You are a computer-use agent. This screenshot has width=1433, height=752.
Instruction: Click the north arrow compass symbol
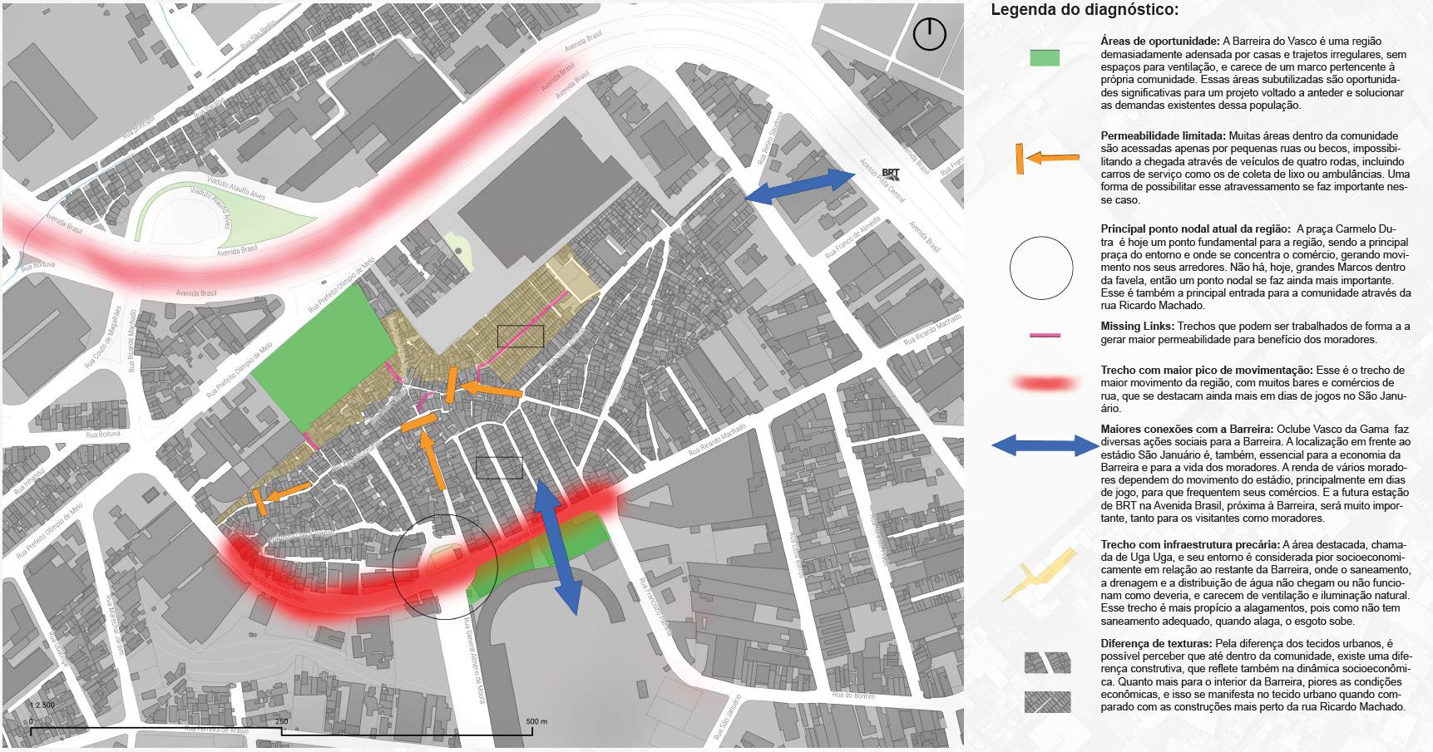click(x=929, y=35)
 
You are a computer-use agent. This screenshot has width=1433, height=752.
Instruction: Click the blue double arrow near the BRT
click(x=800, y=186)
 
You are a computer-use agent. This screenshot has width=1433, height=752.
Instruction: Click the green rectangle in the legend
click(x=1044, y=57)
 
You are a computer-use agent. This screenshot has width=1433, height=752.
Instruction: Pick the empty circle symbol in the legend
click(x=1041, y=268)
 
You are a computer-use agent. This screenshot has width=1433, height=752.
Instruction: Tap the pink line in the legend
click(x=1045, y=335)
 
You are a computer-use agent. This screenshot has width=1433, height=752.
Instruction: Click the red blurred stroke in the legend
click(x=1044, y=383)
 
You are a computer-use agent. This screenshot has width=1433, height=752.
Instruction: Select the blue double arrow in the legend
click(x=1045, y=446)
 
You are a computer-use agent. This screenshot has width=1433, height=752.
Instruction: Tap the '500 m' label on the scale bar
click(x=536, y=720)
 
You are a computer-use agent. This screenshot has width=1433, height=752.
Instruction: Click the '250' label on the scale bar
click(x=282, y=720)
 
